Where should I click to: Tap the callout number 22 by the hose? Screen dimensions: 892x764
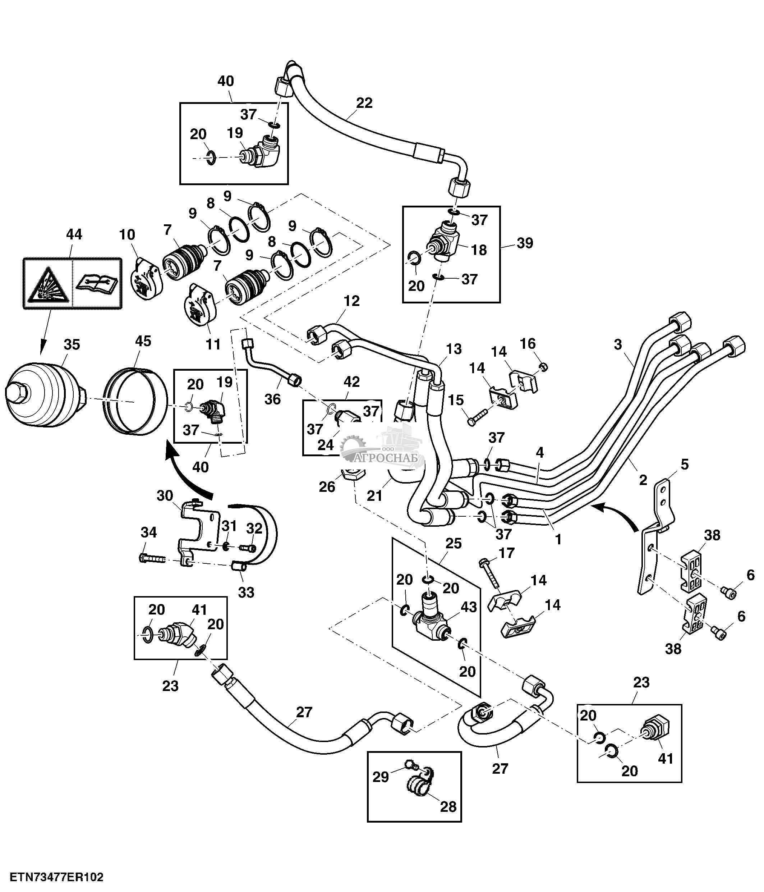click(x=364, y=103)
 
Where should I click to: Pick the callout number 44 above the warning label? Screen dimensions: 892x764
click(x=74, y=235)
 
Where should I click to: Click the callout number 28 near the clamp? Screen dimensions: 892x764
click(x=448, y=806)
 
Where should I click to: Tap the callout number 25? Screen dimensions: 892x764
click(x=454, y=543)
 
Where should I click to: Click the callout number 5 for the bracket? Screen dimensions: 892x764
click(x=685, y=465)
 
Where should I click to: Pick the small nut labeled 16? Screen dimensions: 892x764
click(x=543, y=367)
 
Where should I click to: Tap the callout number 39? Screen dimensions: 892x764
click(x=524, y=243)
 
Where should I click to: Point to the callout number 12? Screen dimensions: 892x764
click(x=351, y=301)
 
